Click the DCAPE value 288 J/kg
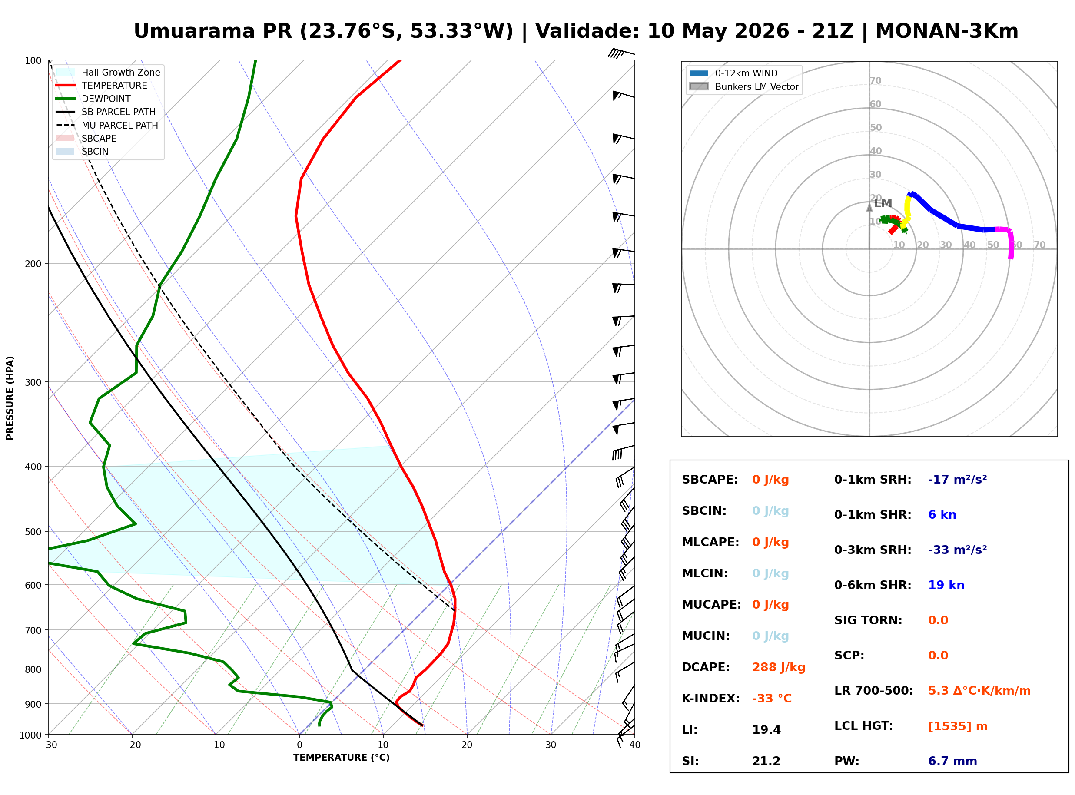778,667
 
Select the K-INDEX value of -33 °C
771,699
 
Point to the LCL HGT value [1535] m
958,726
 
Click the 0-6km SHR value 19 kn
946,585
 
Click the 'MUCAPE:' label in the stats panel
711,605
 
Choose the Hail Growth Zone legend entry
108,72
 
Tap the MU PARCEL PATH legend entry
107,125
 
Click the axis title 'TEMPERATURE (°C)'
341,758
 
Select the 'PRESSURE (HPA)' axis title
10,398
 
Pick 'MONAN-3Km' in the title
946,31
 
